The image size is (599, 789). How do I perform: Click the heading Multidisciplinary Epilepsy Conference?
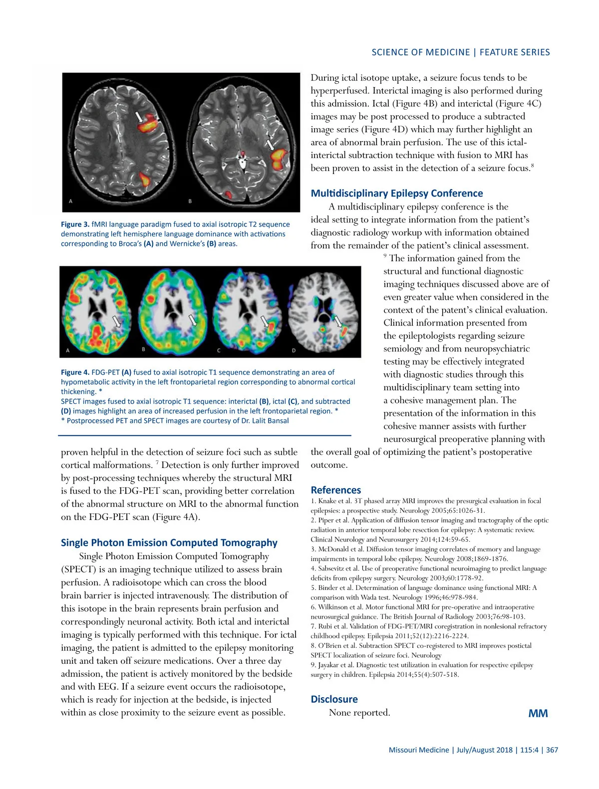[396, 194]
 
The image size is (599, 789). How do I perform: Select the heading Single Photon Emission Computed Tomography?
[169, 543]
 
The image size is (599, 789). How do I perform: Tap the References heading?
[335, 490]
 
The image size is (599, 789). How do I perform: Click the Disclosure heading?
[334, 699]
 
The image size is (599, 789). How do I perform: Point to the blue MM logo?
[538, 714]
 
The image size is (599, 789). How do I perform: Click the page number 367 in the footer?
[552, 750]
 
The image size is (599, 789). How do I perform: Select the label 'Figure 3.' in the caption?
[75, 224]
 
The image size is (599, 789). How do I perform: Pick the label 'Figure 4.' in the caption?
[75, 373]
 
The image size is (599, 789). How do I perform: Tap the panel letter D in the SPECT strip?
[294, 351]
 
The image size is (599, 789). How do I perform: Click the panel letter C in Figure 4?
[219, 351]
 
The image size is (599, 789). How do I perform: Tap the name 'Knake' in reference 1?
[328, 501]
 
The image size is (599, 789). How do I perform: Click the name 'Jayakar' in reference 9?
[330, 665]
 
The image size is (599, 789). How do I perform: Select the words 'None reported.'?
[359, 713]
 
